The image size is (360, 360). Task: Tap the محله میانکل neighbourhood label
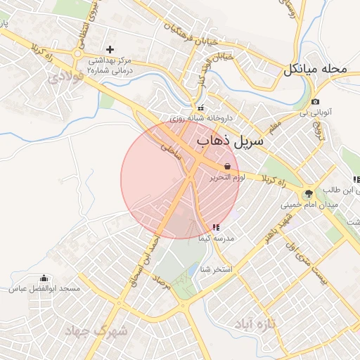pos(316,70)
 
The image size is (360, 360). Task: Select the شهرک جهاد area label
pos(96,330)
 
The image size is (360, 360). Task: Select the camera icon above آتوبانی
pos(315,102)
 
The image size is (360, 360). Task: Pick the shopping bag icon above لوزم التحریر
pos(227,167)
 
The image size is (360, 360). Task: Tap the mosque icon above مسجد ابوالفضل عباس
pos(45,278)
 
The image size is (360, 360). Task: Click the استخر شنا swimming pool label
pos(215,269)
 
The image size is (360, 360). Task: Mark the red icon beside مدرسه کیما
pos(215,227)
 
